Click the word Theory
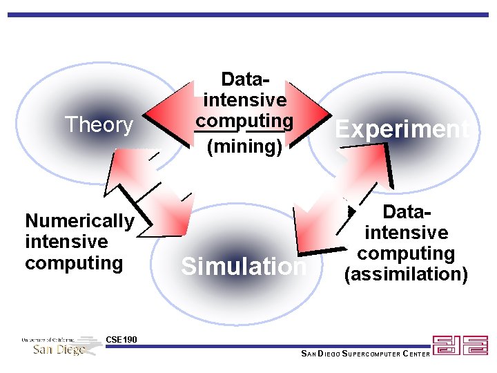click(99, 125)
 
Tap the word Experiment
click(402, 129)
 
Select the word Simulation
click(244, 267)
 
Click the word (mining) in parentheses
click(244, 146)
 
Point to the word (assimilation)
click(406, 274)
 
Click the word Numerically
click(79, 221)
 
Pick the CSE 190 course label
click(121, 339)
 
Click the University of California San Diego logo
click(61, 345)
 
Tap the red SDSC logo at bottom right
click(460, 345)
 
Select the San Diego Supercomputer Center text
click(366, 354)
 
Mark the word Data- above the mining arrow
click(244, 79)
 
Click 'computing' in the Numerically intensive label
click(73, 263)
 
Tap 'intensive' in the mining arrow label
click(245, 100)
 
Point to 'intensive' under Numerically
click(66, 242)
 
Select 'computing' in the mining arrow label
click(244, 121)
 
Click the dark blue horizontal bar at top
click(248, 14)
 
